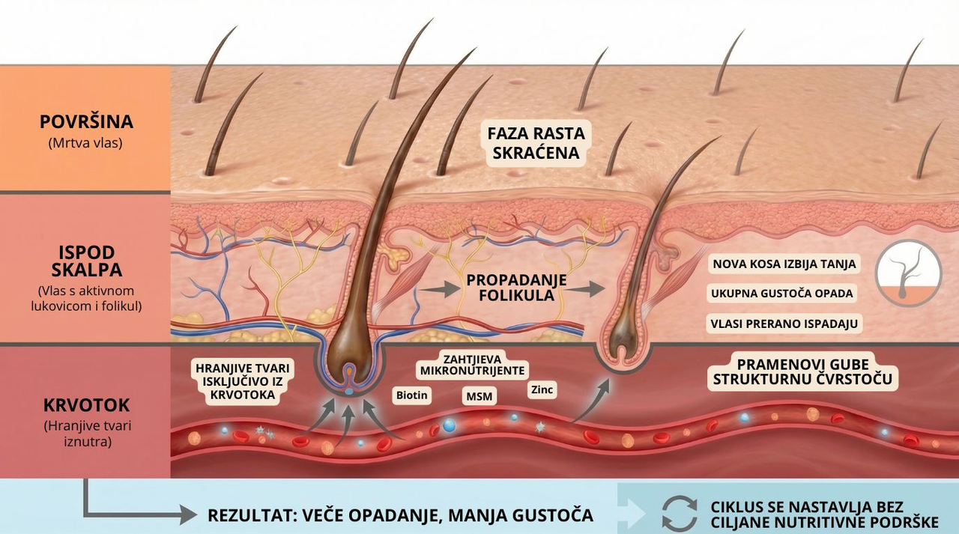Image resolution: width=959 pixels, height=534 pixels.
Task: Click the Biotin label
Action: coord(411,395)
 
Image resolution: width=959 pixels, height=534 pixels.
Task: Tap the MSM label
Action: coord(480,395)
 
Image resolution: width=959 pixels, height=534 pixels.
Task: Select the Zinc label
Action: coord(542,389)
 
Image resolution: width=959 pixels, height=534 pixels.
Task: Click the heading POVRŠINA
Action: coord(86,122)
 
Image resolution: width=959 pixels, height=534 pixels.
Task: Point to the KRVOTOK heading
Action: coord(86,405)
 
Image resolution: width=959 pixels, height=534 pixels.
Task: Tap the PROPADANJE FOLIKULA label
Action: coord(516,288)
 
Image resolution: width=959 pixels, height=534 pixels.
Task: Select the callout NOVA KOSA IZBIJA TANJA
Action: coord(784,264)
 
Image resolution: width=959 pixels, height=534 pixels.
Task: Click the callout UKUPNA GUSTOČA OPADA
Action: coord(782,293)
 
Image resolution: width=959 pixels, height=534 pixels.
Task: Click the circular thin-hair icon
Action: coord(909,273)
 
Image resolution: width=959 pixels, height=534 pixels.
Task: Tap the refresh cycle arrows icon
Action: coord(679,514)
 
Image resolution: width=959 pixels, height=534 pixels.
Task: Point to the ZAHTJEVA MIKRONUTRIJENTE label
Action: coord(472,365)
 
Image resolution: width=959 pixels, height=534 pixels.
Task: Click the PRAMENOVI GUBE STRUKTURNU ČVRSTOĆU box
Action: coord(802,371)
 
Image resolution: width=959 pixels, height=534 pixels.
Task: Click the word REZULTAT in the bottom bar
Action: coord(250,515)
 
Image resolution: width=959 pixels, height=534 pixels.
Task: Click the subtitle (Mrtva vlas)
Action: coord(86,142)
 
